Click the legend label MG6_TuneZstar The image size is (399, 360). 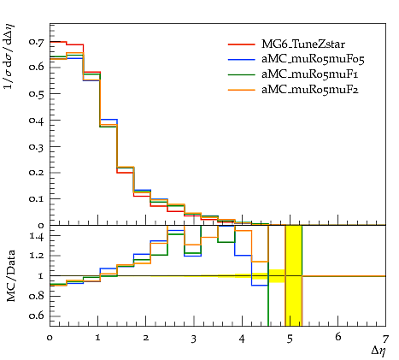pos(303,44)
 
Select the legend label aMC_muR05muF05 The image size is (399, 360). pos(313,59)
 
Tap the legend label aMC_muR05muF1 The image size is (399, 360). pos(309,74)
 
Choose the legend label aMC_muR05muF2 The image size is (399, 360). pos(310,90)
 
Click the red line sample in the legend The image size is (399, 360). pos(242,44)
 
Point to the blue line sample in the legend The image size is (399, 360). pos(242,59)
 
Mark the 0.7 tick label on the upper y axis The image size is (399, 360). pos(37,42)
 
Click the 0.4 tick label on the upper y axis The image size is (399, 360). pos(37,120)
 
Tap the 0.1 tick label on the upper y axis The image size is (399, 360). pos(37,198)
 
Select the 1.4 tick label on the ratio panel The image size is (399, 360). pos(37,236)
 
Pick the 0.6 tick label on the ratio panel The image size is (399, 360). pos(37,316)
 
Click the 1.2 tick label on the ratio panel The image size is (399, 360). pos(37,256)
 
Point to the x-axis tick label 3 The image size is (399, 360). pos(194,339)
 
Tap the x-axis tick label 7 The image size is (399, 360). pos(385,339)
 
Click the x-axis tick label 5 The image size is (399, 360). pos(290,339)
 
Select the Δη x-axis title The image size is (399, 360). pos(378,351)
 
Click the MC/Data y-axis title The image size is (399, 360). pos(10,276)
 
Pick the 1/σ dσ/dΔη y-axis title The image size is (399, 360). pos(9,56)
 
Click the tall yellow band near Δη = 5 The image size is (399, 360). pos(294,275)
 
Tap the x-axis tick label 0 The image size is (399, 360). pos(50,339)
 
